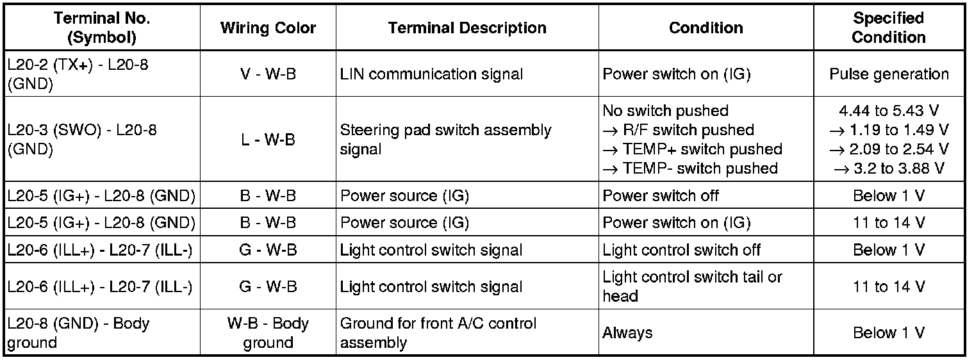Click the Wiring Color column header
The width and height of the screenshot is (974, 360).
(268, 28)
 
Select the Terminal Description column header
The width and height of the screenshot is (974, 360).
(467, 28)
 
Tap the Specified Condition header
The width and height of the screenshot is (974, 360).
(888, 28)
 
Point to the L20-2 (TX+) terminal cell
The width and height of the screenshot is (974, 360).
(78, 74)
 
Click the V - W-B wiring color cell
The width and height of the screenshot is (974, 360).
(268, 74)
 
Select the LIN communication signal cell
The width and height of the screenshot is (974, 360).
(431, 74)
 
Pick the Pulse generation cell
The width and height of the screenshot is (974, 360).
(889, 74)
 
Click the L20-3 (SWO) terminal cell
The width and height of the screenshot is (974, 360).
(82, 139)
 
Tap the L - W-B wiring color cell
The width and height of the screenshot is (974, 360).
(268, 140)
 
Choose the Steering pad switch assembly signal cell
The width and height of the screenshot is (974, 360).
(445, 140)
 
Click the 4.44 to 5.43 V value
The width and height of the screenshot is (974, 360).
(889, 111)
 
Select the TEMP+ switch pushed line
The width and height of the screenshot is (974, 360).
(693, 149)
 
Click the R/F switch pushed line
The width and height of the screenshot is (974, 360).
(679, 130)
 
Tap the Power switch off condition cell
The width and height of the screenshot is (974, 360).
(661, 196)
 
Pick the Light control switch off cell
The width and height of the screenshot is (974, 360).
(682, 250)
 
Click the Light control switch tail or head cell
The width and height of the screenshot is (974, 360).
(693, 286)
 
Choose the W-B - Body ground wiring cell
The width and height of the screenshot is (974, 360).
(268, 332)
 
